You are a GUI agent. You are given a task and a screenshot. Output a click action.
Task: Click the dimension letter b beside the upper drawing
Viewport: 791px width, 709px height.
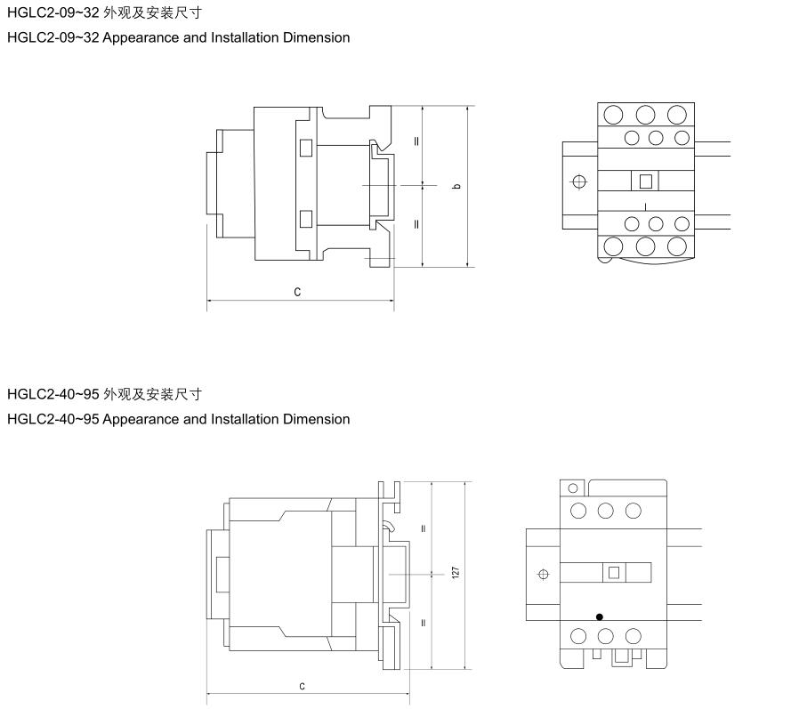coord(457,186)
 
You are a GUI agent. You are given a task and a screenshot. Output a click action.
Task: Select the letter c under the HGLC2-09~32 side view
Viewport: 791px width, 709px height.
coord(297,292)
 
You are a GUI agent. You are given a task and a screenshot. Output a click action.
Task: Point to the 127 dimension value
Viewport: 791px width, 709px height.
coord(456,573)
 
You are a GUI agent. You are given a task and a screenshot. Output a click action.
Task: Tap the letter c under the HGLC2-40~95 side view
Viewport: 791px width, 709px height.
coord(302,686)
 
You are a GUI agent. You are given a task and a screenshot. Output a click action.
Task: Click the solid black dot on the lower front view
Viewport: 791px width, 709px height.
coord(600,616)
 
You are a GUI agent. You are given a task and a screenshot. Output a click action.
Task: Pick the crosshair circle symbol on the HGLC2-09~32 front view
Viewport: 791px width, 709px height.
coord(579,181)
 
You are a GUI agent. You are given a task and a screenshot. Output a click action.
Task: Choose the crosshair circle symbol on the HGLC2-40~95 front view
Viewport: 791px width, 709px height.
coord(544,574)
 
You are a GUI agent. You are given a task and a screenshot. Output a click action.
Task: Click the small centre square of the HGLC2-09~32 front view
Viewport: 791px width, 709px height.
coord(646,181)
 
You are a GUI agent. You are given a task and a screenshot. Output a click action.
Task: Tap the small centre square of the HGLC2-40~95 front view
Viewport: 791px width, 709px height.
coord(614,573)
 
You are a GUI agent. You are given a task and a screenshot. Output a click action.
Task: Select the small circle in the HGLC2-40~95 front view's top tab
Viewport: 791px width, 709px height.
coord(573,488)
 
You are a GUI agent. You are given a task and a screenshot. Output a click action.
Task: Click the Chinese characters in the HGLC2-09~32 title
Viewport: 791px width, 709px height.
coord(152,12)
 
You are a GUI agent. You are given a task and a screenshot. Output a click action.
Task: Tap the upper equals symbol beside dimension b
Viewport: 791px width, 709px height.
coord(416,141)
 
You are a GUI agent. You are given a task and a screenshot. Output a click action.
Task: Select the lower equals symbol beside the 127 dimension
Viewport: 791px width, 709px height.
coord(423,623)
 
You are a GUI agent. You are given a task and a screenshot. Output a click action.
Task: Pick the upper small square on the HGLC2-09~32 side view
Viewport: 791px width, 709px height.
coord(306,148)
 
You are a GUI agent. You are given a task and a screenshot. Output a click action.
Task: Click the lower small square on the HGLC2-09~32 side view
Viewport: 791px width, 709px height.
coord(306,219)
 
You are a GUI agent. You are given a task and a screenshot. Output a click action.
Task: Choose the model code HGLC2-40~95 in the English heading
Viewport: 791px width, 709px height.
coord(53,419)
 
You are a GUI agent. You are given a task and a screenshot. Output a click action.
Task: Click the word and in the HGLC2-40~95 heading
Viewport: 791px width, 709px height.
coord(195,419)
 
